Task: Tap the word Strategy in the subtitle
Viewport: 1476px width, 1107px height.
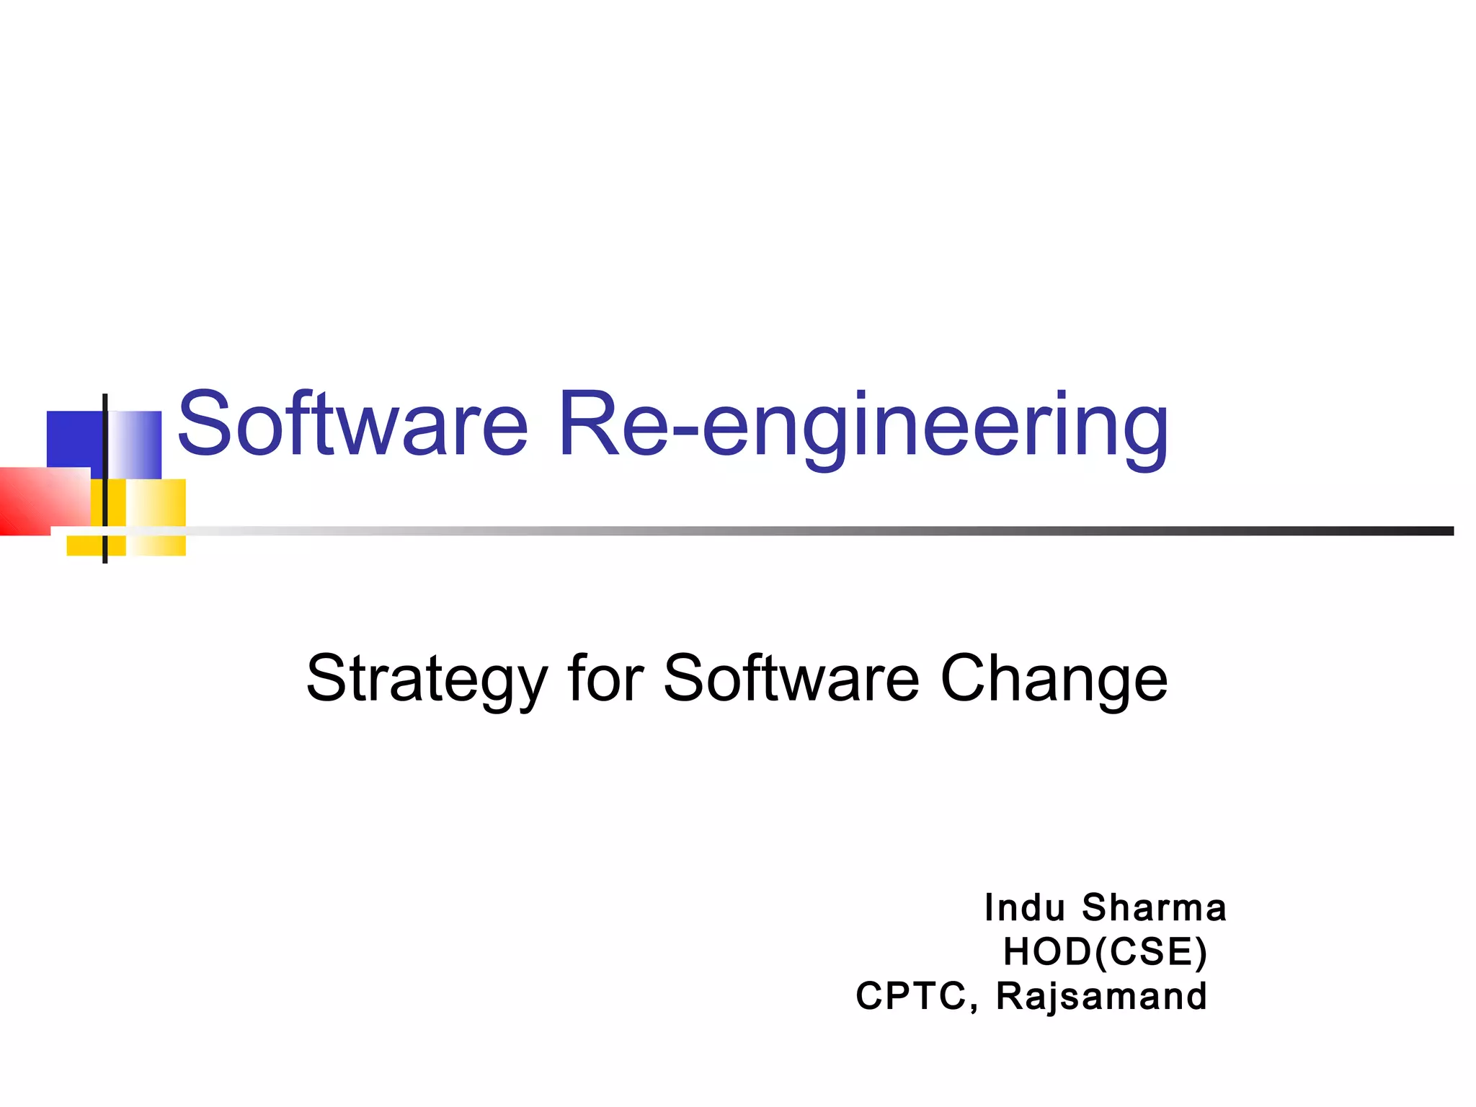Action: pos(427,680)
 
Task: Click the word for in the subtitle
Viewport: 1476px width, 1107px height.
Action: pos(605,678)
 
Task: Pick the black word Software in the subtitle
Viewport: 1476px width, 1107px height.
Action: pos(791,678)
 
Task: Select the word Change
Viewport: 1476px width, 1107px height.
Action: pos(1054,680)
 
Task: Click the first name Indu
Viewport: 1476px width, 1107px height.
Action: pos(1024,908)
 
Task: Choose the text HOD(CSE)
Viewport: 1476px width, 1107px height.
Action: pos(1105,952)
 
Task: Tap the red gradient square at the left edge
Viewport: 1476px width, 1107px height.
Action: pos(40,501)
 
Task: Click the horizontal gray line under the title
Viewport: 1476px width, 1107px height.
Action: pos(793,531)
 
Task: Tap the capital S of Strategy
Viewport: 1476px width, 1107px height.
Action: pos(328,678)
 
